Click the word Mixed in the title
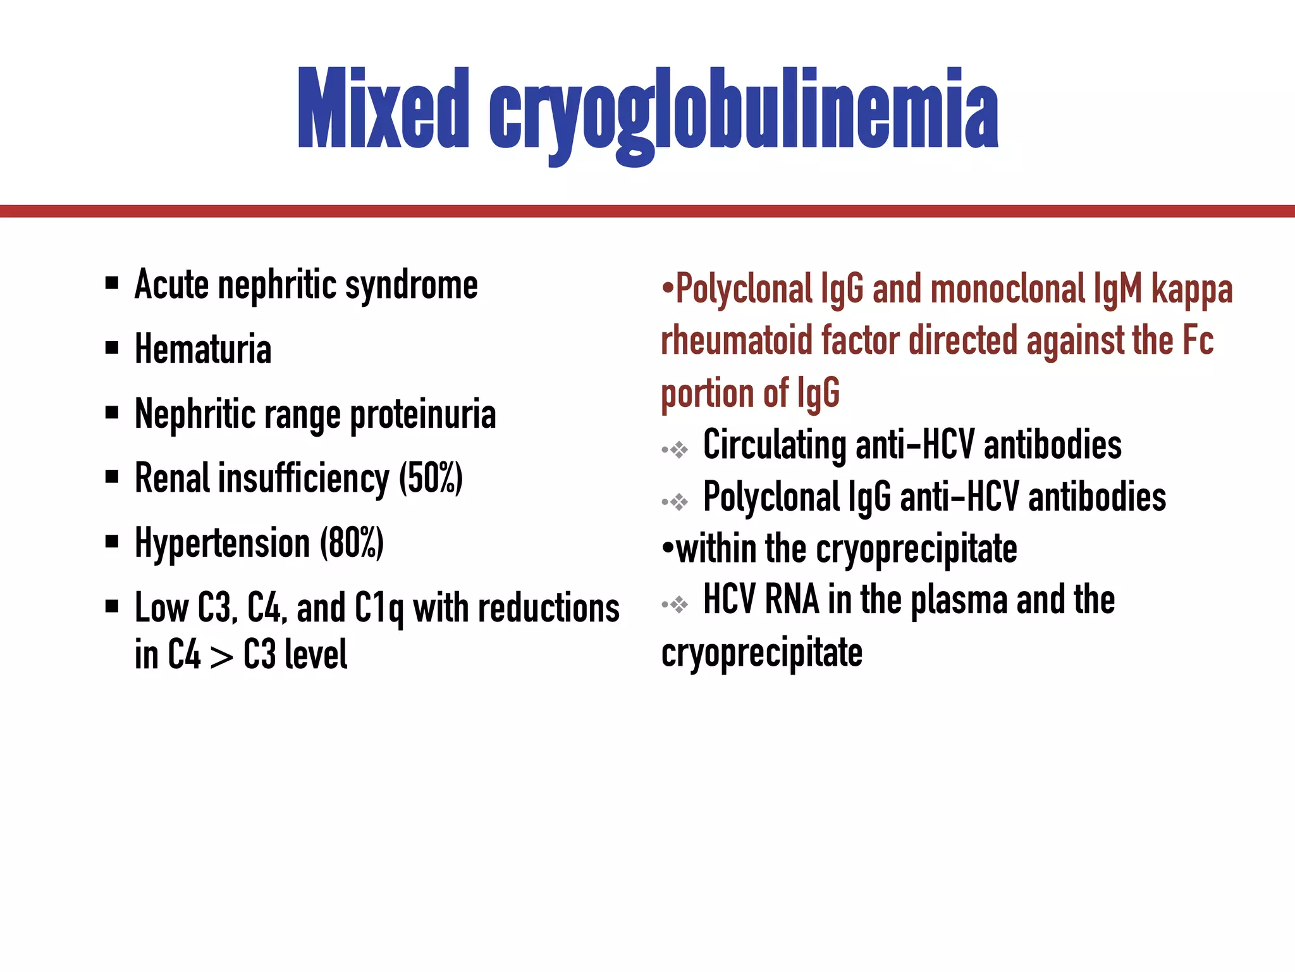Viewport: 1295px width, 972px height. pyautogui.click(x=383, y=109)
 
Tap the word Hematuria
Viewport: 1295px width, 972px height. pyautogui.click(x=203, y=349)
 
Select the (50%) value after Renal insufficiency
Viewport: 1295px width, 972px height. pyautogui.click(x=431, y=478)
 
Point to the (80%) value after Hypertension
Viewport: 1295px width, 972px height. pyautogui.click(x=352, y=543)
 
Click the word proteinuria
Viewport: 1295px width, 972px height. pyautogui.click(x=423, y=415)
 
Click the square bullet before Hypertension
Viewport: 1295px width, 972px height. pyautogui.click(x=112, y=542)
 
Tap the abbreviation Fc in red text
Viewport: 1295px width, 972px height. pyautogui.click(x=1197, y=340)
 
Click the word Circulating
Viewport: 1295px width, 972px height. pyautogui.click(x=775, y=445)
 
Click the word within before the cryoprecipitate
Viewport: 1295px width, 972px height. pyautogui.click(x=716, y=549)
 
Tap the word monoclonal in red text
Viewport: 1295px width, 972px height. pyautogui.click(x=1007, y=290)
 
